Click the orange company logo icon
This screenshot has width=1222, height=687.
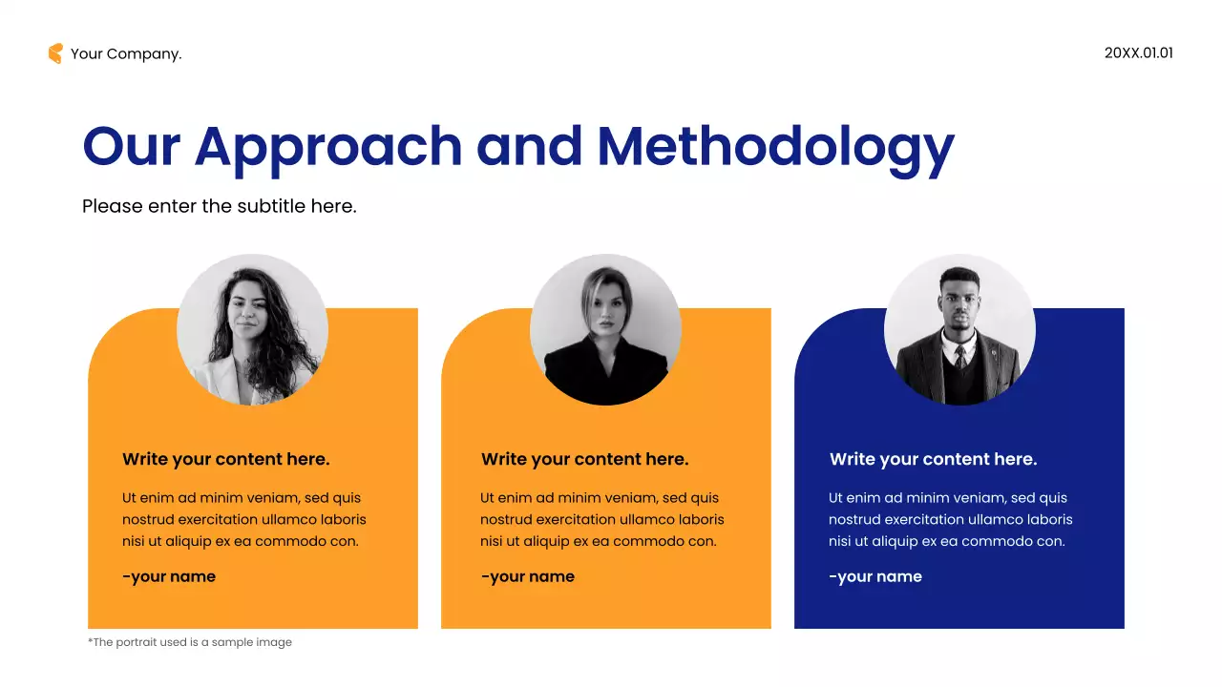[x=55, y=53]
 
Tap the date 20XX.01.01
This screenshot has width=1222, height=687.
[x=1138, y=53]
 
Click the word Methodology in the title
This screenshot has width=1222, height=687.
[x=775, y=146]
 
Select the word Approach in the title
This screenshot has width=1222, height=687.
[x=327, y=146]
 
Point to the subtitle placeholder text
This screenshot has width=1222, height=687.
[x=220, y=205]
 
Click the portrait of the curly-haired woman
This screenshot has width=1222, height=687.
[x=253, y=329]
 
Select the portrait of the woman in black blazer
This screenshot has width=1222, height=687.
[x=605, y=329]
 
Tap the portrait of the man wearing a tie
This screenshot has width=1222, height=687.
[x=959, y=329]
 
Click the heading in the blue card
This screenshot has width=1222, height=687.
[x=933, y=459]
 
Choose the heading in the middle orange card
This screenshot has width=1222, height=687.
[x=584, y=459]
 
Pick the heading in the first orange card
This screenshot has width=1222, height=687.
[x=226, y=459]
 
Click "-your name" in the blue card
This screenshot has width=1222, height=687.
[x=875, y=576]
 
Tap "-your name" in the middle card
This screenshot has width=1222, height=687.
[x=528, y=576]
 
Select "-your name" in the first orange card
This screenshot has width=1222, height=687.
[x=169, y=576]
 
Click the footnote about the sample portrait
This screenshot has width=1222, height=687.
[x=190, y=642]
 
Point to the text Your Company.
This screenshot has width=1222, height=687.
[x=126, y=53]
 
